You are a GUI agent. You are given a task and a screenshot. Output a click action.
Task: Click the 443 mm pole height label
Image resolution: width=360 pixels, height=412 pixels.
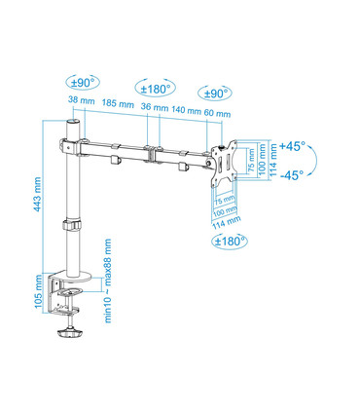point(38,194)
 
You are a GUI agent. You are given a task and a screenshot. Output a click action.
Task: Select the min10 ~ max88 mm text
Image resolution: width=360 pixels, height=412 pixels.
point(108,281)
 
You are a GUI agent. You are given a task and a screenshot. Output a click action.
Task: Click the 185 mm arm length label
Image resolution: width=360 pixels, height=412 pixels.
point(118,104)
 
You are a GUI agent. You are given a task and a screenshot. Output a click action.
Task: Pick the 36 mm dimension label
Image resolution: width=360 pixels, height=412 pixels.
point(155,107)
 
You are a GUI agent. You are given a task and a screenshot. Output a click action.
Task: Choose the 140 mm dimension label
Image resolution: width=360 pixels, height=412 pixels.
point(187,110)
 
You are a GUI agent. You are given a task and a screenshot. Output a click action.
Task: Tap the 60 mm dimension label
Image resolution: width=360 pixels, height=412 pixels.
point(217,113)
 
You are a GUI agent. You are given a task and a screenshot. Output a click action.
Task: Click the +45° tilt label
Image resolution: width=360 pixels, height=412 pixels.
point(293,146)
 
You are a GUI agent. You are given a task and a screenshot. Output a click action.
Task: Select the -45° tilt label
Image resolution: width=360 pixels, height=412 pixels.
point(292,175)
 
